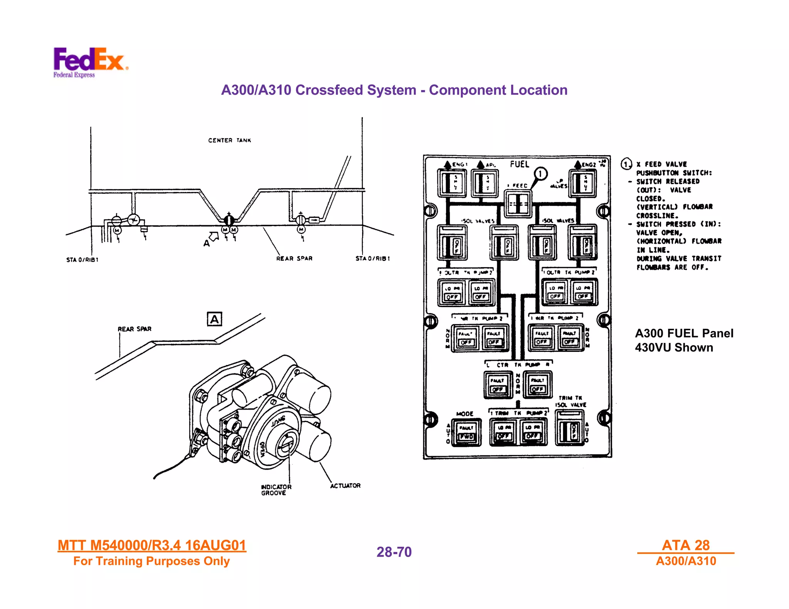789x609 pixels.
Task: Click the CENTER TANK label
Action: click(230, 141)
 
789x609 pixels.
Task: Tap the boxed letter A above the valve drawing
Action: click(214, 319)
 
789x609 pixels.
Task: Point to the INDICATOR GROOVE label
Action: click(276, 490)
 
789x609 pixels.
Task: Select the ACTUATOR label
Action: click(345, 486)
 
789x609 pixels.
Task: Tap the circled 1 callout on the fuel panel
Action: click(541, 174)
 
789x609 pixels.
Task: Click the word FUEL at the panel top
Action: click(519, 164)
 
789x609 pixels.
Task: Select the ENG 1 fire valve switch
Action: click(452, 184)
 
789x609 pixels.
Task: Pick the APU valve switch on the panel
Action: click(484, 184)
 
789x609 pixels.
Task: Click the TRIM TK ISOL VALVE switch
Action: click(570, 428)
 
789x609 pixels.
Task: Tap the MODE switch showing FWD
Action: click(466, 433)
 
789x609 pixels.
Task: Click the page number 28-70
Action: click(394, 552)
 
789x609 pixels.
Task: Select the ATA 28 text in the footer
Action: click(685, 545)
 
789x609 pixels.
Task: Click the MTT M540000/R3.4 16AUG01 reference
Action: click(152, 545)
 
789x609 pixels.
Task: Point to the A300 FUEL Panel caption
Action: click(684, 340)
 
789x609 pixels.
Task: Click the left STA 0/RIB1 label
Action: click(82, 260)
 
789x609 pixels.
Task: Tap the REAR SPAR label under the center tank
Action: click(294, 259)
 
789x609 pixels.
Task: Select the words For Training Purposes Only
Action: click(151, 561)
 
